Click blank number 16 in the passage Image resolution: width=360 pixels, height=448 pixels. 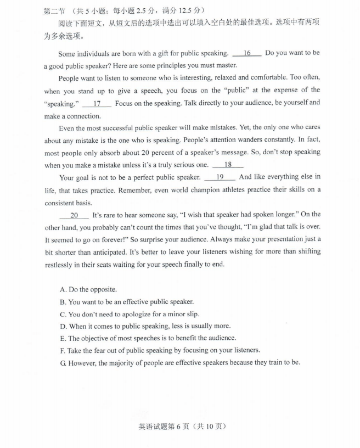click(x=247, y=53)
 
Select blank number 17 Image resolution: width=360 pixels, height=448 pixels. click(x=97, y=103)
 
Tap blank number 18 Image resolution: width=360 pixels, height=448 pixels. click(x=228, y=164)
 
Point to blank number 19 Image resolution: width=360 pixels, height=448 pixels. click(x=220, y=177)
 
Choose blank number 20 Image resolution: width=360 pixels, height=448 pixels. click(x=75, y=215)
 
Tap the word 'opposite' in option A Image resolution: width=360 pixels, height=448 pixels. click(x=103, y=289)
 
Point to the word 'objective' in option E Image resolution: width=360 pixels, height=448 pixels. click(x=97, y=338)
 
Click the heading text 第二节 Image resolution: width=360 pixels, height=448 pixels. click(x=54, y=10)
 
